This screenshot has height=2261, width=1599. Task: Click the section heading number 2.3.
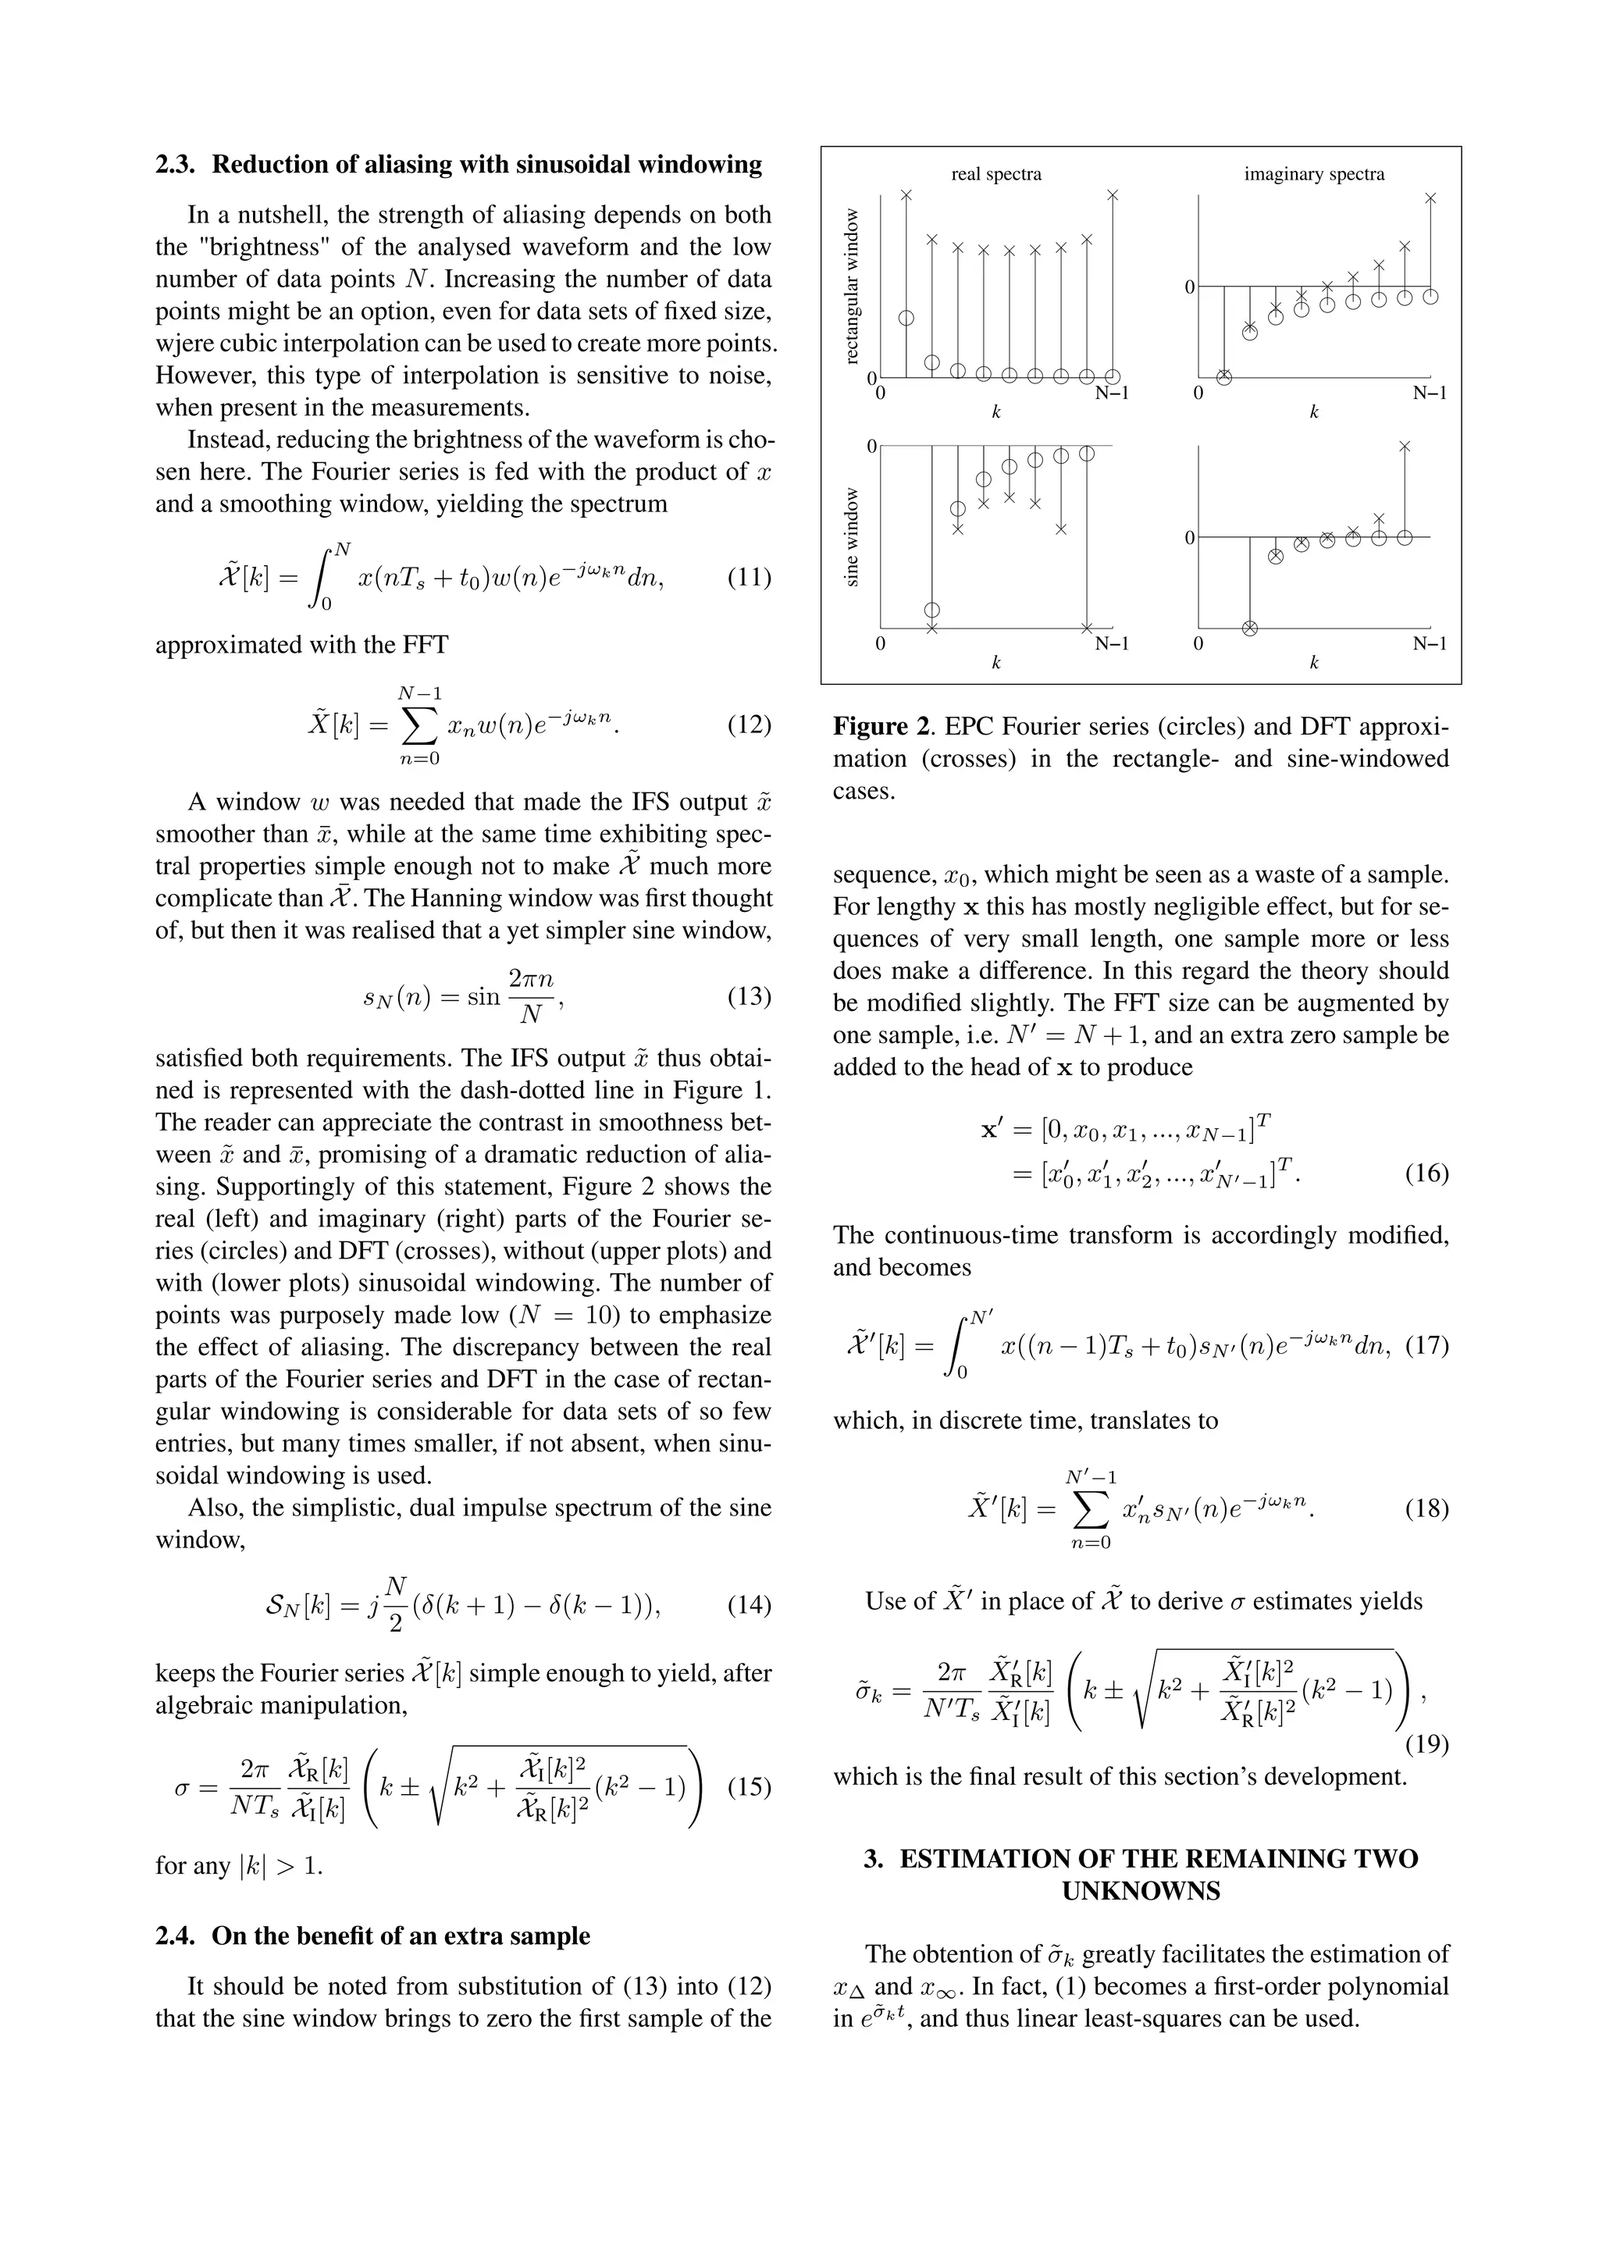(x=177, y=165)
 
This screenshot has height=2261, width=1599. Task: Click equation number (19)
(x=1426, y=1744)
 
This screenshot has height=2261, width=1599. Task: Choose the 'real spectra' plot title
(x=995, y=174)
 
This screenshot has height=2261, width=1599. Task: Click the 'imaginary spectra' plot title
(x=1313, y=174)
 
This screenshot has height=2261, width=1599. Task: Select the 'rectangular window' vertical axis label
(x=853, y=286)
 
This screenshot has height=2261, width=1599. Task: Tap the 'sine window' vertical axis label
(x=853, y=536)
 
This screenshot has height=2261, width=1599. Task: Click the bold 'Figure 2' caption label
(x=882, y=727)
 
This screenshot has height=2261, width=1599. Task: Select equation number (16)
(x=1426, y=1173)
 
